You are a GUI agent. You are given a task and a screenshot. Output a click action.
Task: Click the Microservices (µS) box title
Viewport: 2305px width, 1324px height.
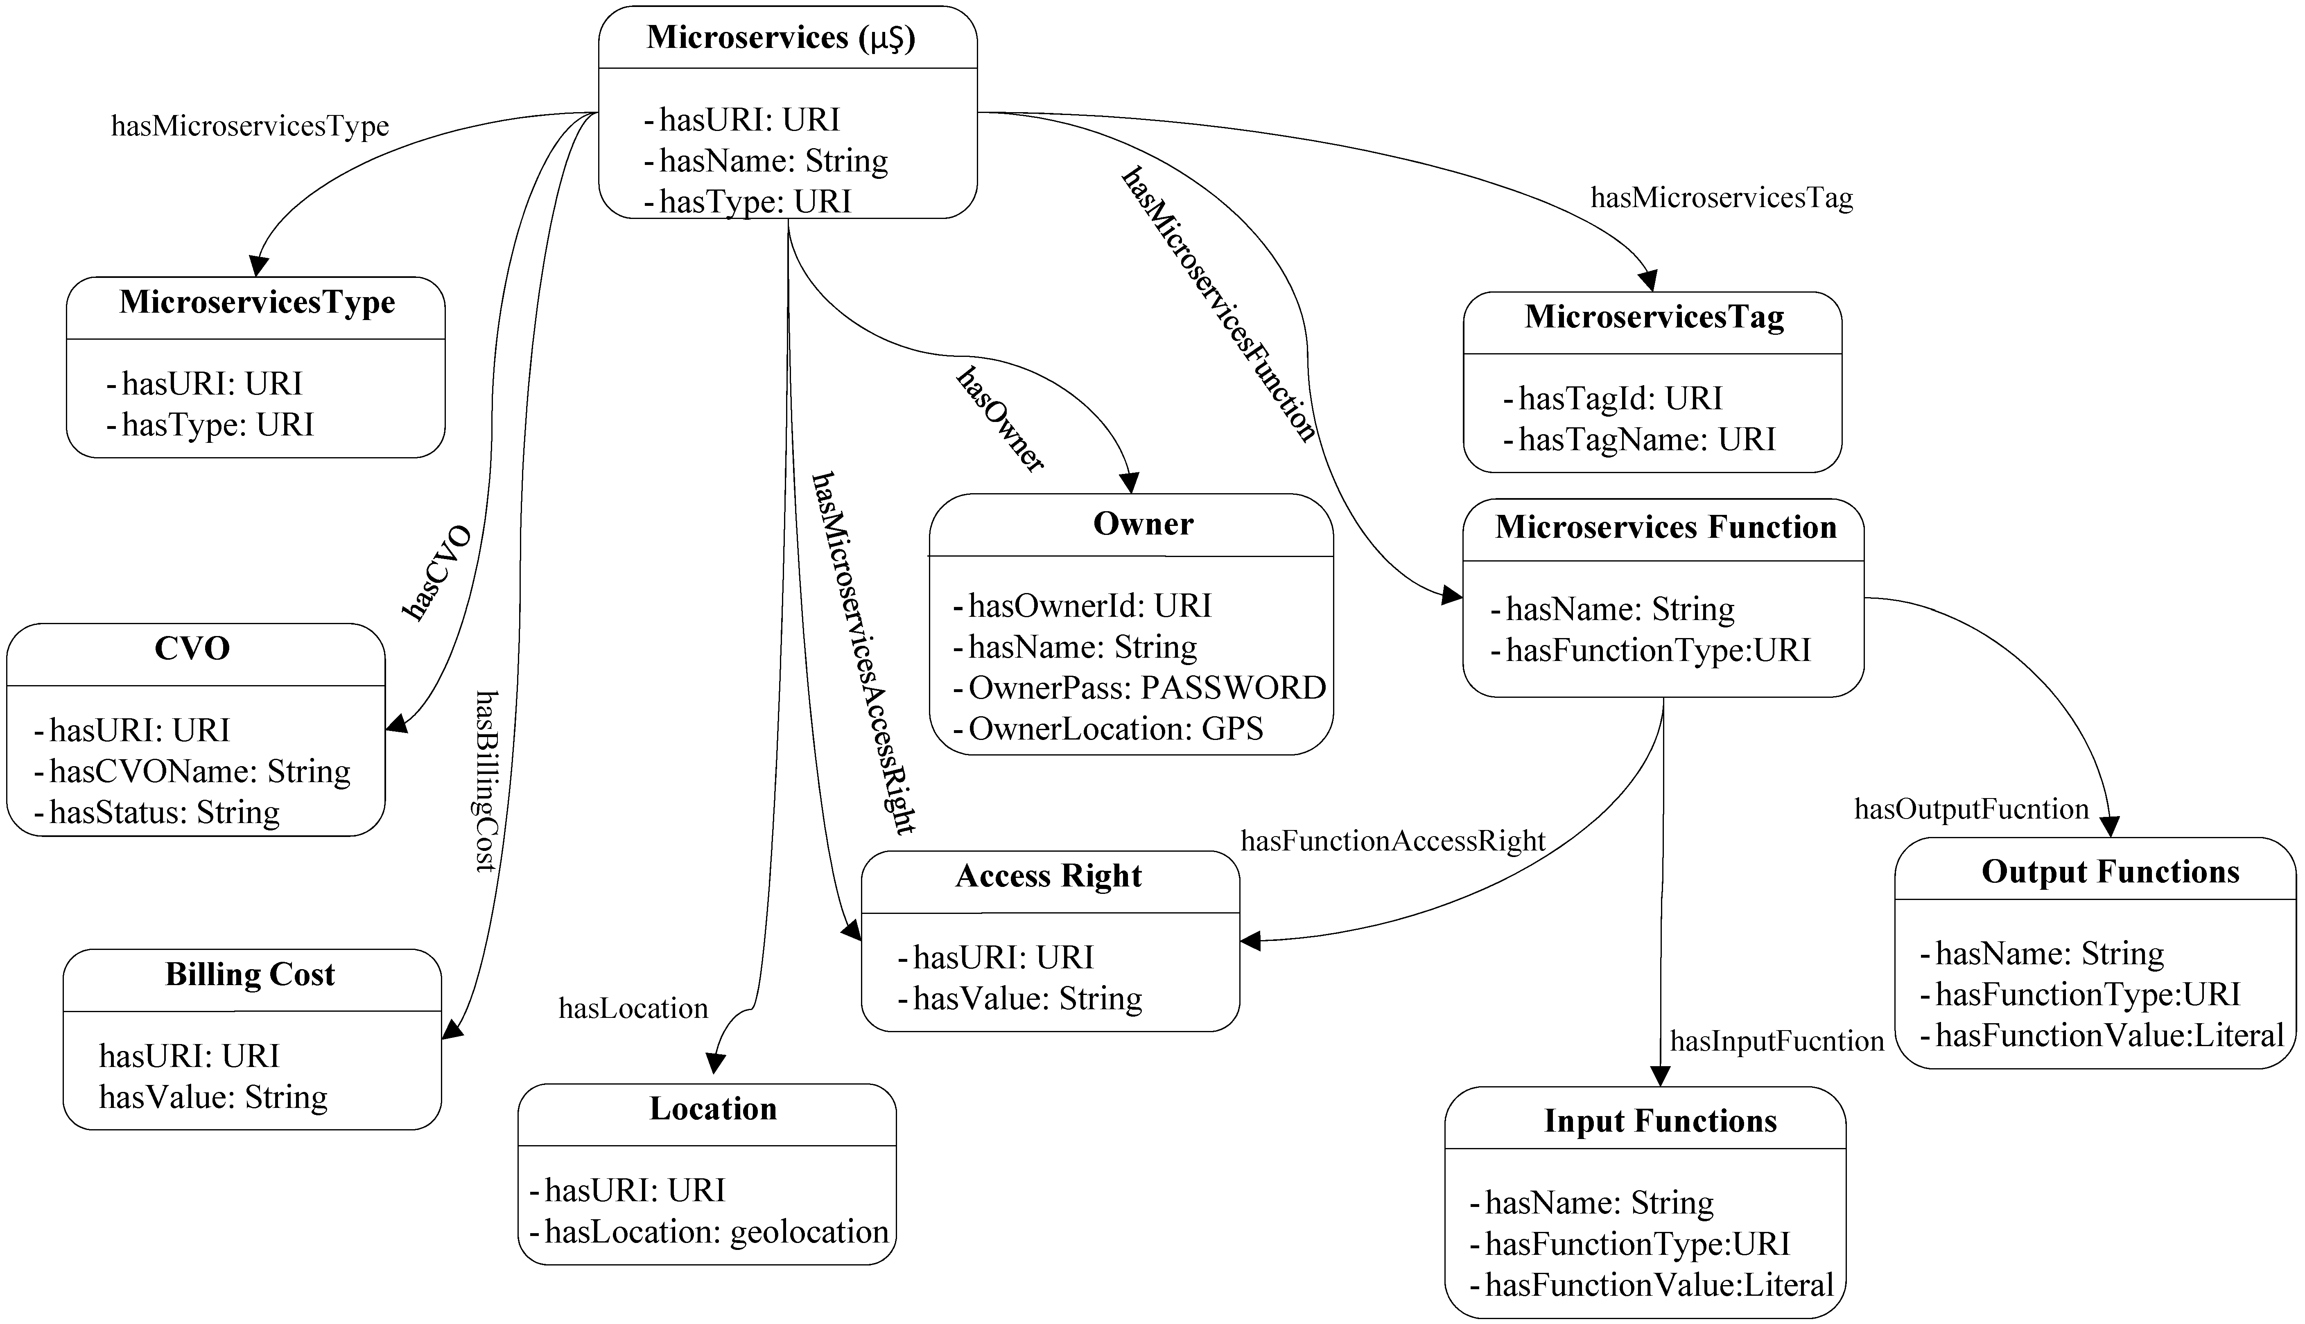pyautogui.click(x=780, y=37)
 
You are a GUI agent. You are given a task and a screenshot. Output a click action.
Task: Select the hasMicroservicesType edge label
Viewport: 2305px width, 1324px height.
pyautogui.click(x=250, y=126)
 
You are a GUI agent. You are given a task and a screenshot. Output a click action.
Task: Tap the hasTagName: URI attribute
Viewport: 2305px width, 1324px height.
pyautogui.click(x=1646, y=439)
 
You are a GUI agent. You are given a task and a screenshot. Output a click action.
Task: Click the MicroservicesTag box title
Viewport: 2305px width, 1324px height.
pyautogui.click(x=1654, y=316)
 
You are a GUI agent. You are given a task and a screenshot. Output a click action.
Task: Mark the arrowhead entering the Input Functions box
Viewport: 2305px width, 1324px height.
pyautogui.click(x=1660, y=1076)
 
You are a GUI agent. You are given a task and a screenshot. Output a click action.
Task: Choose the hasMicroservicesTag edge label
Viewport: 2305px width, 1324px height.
pyautogui.click(x=1721, y=197)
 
